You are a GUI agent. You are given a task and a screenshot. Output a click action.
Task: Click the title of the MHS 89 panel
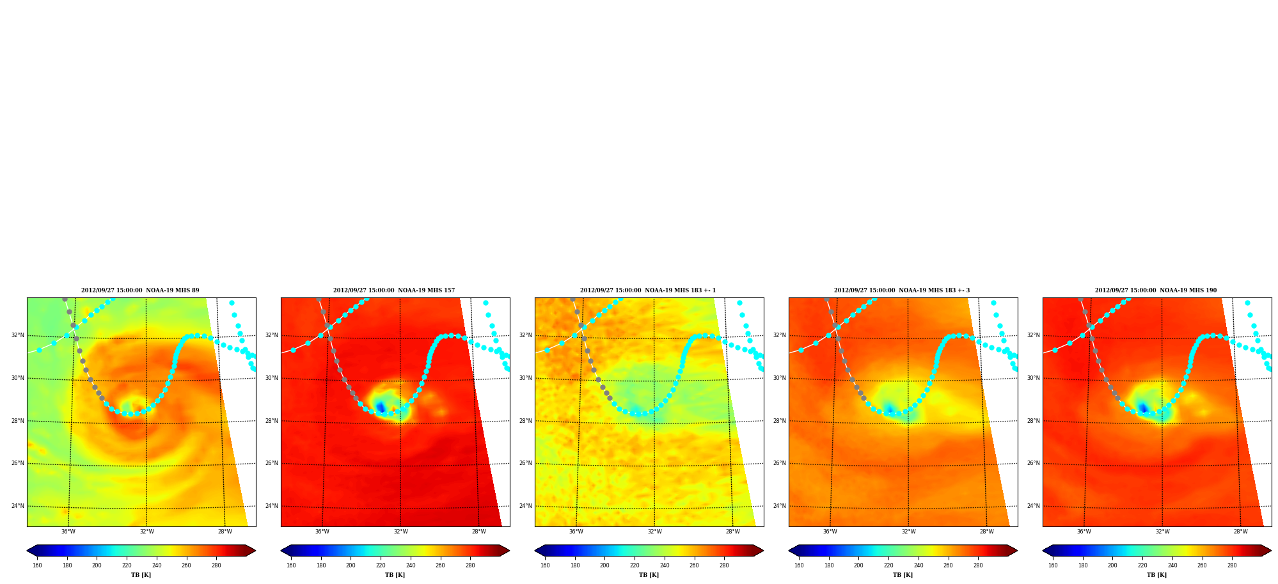[140, 290]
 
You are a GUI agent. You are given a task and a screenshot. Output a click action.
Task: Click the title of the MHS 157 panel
[394, 290]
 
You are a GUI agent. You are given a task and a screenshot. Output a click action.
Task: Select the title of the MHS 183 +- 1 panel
[648, 290]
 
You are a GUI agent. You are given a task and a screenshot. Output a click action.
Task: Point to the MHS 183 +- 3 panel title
[902, 290]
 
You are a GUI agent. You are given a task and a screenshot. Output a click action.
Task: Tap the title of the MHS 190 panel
[1156, 290]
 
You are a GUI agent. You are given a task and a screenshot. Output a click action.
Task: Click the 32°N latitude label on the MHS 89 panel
[17, 335]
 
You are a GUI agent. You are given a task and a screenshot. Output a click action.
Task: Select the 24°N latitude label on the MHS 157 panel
[271, 506]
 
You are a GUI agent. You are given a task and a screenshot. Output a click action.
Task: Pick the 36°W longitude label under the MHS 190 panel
[1084, 532]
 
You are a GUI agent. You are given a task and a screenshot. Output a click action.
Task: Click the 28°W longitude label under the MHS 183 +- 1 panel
[732, 532]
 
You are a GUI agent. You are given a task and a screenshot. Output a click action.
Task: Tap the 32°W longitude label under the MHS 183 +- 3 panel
[908, 532]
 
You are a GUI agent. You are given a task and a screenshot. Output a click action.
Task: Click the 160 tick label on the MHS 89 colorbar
[37, 565]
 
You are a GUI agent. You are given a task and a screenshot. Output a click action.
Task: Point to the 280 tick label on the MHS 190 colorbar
[1232, 565]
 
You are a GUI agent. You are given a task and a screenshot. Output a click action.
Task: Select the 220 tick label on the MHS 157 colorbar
[381, 565]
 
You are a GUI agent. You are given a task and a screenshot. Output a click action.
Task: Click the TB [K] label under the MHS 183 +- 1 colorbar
[649, 575]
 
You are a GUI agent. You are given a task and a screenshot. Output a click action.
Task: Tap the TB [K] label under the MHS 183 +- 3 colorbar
[903, 575]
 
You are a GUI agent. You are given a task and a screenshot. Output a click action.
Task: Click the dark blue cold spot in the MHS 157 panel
[381, 407]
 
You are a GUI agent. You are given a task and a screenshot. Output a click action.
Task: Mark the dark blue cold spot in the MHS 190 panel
[1142, 407]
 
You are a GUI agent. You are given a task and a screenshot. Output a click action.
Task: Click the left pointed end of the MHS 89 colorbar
[28, 551]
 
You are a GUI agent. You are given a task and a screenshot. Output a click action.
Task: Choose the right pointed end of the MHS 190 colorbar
[1270, 551]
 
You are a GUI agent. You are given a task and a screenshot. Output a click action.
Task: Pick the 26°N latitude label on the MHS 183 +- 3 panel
[779, 463]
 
